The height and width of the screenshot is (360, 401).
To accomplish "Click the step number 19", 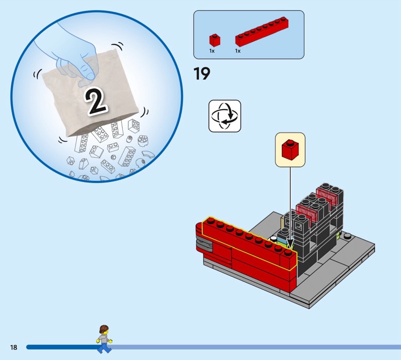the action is (202, 74).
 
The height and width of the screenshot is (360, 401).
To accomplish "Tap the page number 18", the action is (14, 347).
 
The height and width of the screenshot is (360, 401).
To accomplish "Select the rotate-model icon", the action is (225, 116).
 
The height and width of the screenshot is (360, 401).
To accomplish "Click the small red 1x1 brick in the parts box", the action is (215, 40).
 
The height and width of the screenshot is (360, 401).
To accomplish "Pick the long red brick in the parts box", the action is (262, 32).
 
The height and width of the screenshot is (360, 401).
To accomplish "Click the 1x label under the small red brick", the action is (212, 51).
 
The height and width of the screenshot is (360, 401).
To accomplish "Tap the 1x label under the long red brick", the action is (238, 51).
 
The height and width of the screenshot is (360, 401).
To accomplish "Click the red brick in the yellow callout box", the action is (290, 150).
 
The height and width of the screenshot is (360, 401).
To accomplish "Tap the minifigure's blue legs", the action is (104, 347).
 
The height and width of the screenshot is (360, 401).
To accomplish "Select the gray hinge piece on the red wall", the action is (204, 245).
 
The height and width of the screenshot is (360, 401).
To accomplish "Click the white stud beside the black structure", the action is (273, 239).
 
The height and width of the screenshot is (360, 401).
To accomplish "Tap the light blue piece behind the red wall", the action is (282, 242).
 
